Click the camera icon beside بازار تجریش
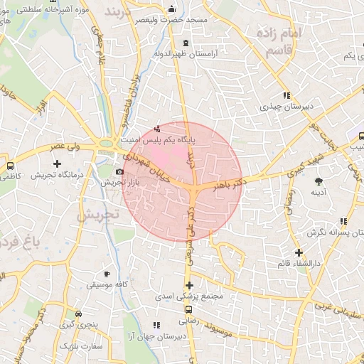[x=119, y=172]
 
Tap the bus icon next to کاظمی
[x=9, y=164]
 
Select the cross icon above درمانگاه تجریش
[x=57, y=164]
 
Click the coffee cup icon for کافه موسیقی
[x=107, y=274]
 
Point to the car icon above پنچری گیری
[x=77, y=314]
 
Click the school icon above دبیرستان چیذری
[x=286, y=95]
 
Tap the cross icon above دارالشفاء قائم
[x=299, y=252]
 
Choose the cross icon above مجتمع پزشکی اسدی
[x=188, y=285]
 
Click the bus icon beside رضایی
[x=188, y=310]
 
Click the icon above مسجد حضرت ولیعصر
[x=171, y=9]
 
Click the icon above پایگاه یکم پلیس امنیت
[x=157, y=129]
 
